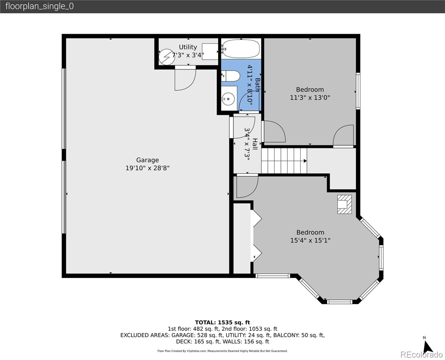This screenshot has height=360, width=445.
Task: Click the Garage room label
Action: pyautogui.click(x=148, y=160)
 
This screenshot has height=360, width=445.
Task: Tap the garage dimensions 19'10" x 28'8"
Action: pyautogui.click(x=148, y=168)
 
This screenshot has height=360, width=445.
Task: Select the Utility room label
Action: pyautogui.click(x=188, y=47)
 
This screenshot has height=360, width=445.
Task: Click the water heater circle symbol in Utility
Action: pyautogui.click(x=166, y=57)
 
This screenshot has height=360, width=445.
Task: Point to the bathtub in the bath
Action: pyautogui.click(x=241, y=49)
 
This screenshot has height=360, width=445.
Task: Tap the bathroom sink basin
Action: pyautogui.click(x=228, y=99)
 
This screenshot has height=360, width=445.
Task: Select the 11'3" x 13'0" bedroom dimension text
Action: pyautogui.click(x=310, y=97)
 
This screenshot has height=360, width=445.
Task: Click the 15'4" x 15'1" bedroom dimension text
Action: pyautogui.click(x=310, y=240)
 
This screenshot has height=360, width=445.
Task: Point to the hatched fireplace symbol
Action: pyautogui.click(x=344, y=204)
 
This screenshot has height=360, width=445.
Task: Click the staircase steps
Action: pyautogui.click(x=284, y=161)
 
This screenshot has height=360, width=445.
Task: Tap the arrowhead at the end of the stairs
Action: pyautogui.click(x=305, y=161)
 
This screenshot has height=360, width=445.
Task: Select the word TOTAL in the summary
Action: pyautogui.click(x=205, y=322)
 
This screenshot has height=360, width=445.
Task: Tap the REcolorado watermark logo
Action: pyautogui.click(x=421, y=355)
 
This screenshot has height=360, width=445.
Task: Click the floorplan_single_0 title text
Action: pyautogui.click(x=40, y=6)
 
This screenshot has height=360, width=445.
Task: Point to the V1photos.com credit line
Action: pyautogui.click(x=222, y=351)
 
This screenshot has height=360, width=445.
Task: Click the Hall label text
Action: pyautogui.click(x=255, y=144)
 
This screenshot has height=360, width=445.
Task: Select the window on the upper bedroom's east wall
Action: pyautogui.click(x=358, y=91)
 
